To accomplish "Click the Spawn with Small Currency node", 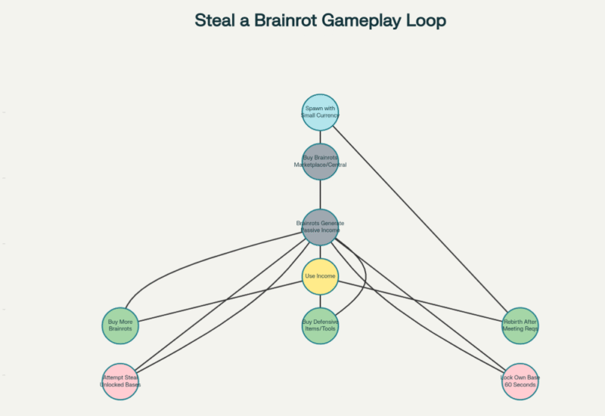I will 320,112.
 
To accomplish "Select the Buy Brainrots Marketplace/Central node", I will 320,161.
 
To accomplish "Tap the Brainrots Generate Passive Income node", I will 320,226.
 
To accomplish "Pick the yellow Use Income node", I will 320,276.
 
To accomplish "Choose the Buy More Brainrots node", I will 120,325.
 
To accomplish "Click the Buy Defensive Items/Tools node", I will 320,325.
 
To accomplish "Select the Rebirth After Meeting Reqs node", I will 520,325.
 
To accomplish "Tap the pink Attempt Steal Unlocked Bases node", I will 120,381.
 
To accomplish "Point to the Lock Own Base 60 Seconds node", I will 520,381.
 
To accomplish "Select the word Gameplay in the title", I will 362,20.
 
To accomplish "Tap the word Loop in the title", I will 428,20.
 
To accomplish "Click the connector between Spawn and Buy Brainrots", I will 320,137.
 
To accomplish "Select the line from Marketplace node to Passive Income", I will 320,194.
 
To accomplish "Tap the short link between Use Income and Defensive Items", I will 320,301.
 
